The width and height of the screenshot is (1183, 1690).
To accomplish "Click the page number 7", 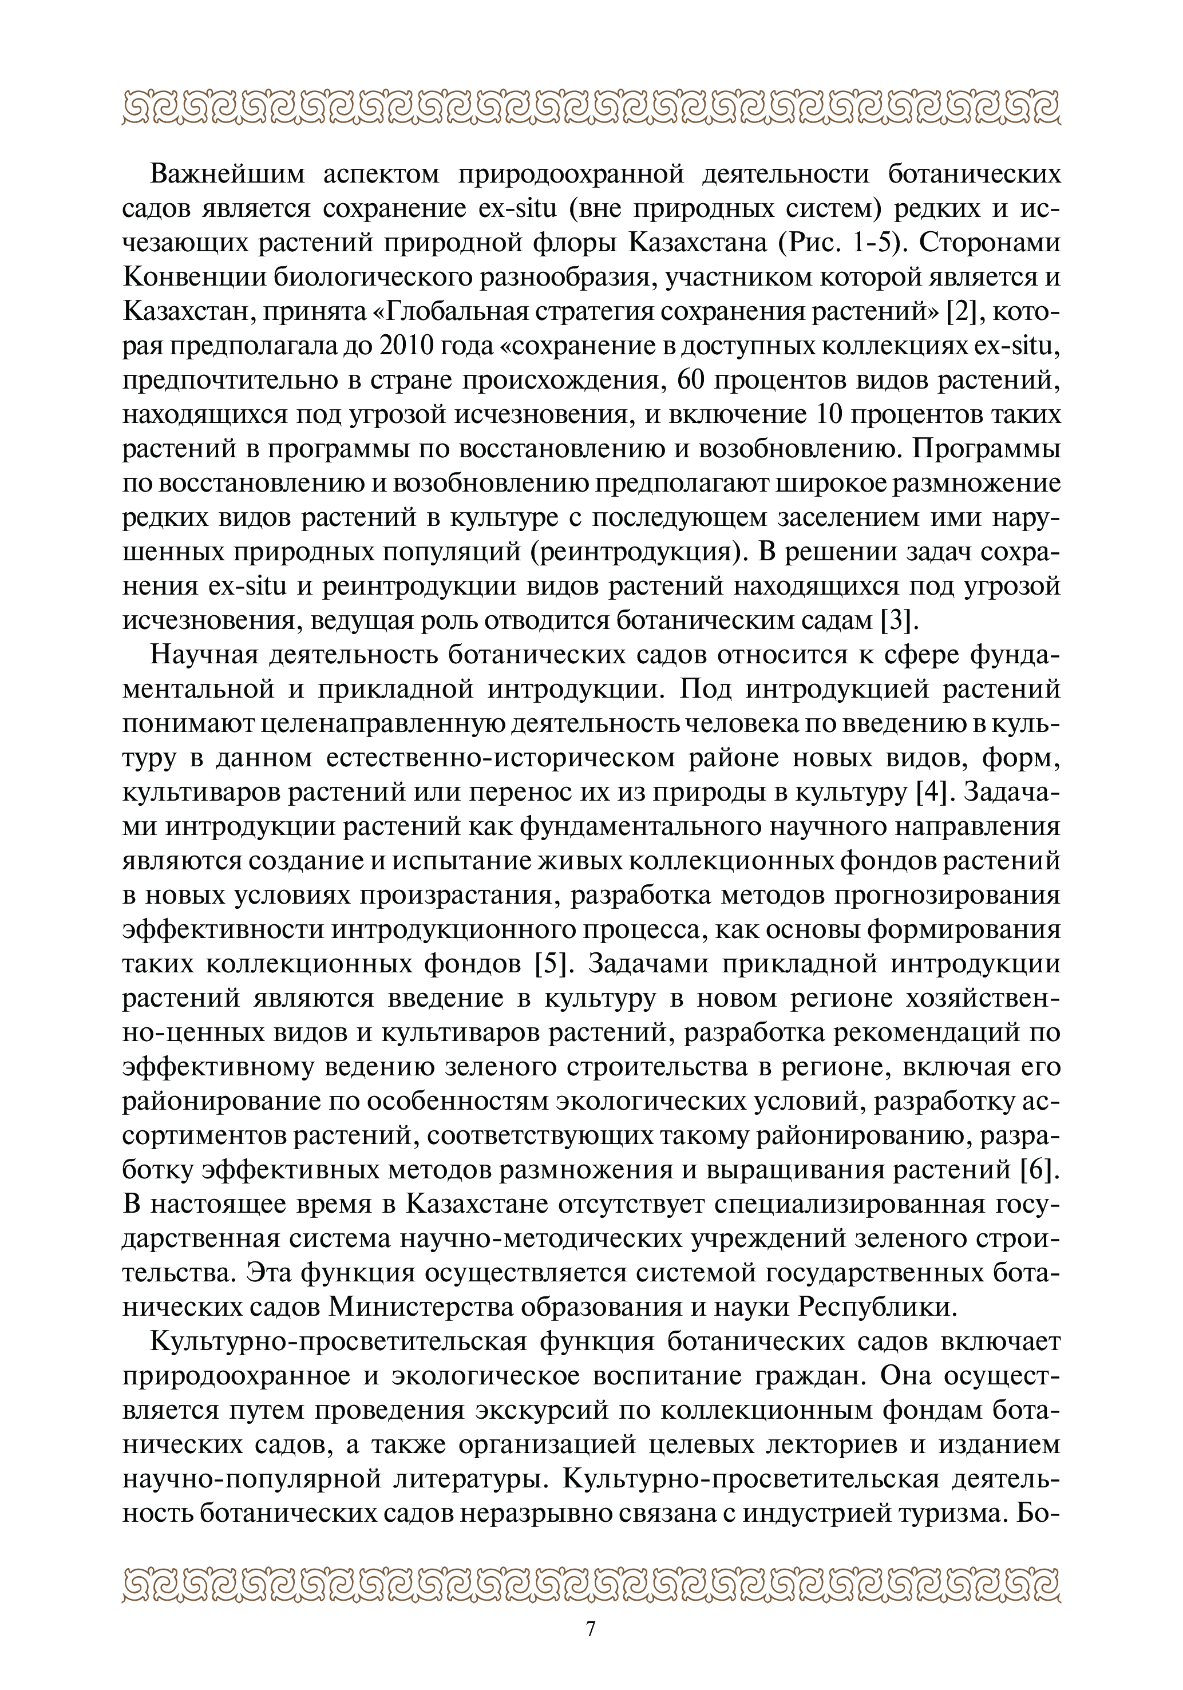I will (x=591, y=1623).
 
